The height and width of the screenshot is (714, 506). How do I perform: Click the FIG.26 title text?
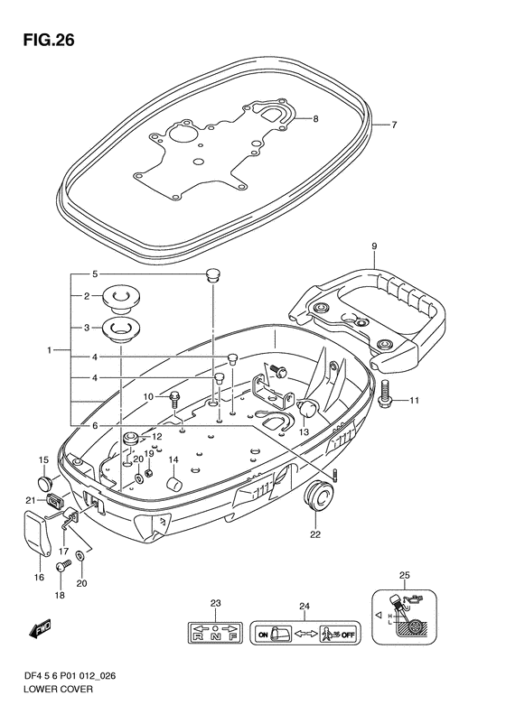pos(48,40)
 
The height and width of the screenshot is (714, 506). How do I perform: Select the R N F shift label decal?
pos(216,633)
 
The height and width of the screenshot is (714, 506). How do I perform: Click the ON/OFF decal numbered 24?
pos(305,633)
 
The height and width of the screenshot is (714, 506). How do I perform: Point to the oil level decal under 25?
pos(404,617)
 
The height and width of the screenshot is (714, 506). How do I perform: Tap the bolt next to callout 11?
pos(384,392)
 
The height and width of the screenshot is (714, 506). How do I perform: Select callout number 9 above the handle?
pos(374,246)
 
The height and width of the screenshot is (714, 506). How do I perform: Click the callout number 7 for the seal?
pos(394,125)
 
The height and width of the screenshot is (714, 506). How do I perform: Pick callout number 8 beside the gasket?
pos(315,119)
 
